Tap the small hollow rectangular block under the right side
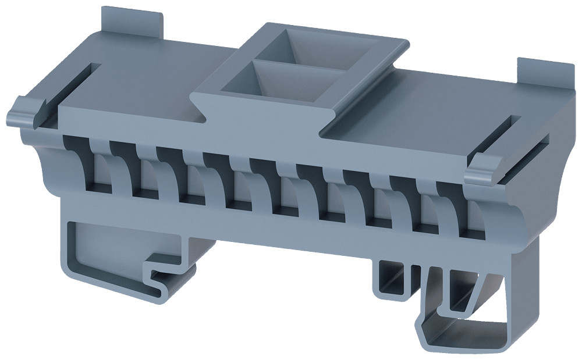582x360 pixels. coord(390,277)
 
